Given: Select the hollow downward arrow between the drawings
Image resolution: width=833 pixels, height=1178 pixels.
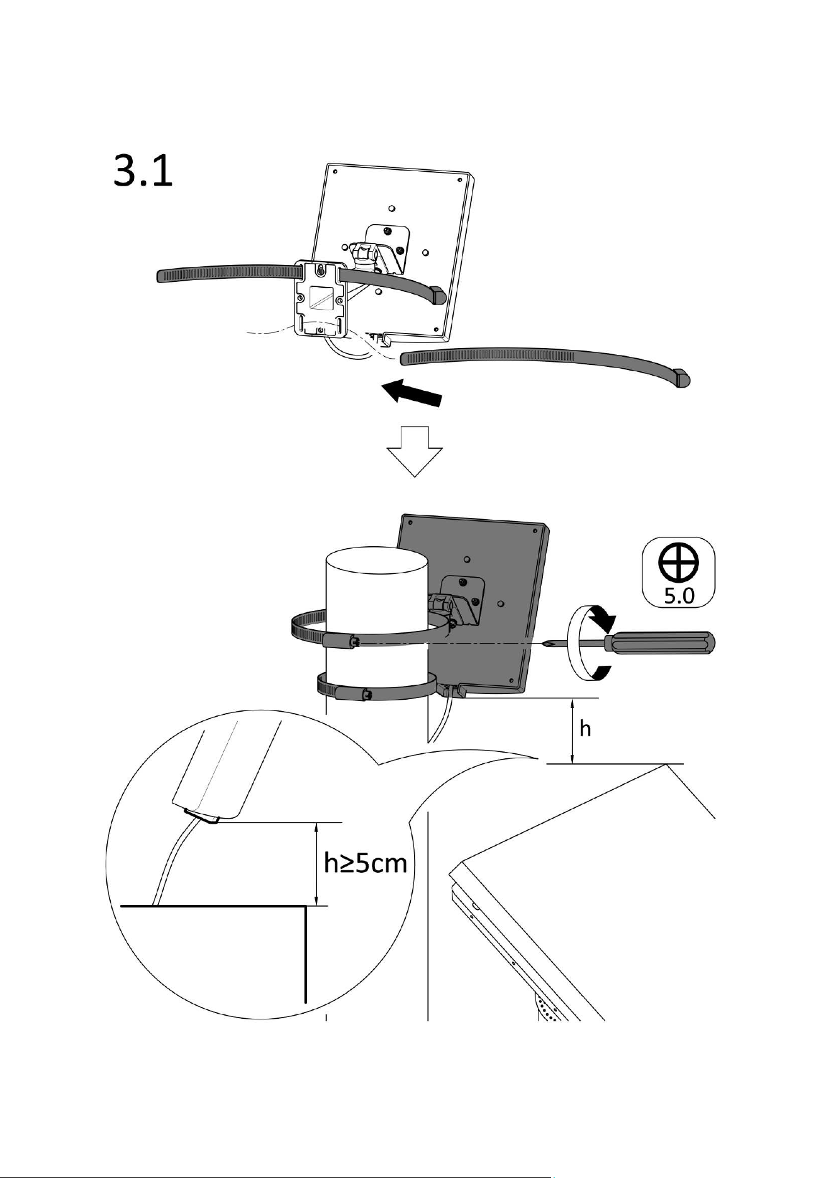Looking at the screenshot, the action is [x=415, y=451].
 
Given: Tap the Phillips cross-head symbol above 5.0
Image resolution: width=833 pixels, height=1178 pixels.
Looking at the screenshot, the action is [x=678, y=562].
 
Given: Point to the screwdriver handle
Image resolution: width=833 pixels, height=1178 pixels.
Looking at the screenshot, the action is [x=657, y=643].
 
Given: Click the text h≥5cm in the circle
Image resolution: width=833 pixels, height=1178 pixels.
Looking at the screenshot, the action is [x=366, y=863].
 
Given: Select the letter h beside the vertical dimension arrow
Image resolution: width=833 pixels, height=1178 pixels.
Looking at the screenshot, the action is [x=585, y=729].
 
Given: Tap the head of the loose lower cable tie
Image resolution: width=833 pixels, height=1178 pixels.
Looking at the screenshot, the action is [x=682, y=378].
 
